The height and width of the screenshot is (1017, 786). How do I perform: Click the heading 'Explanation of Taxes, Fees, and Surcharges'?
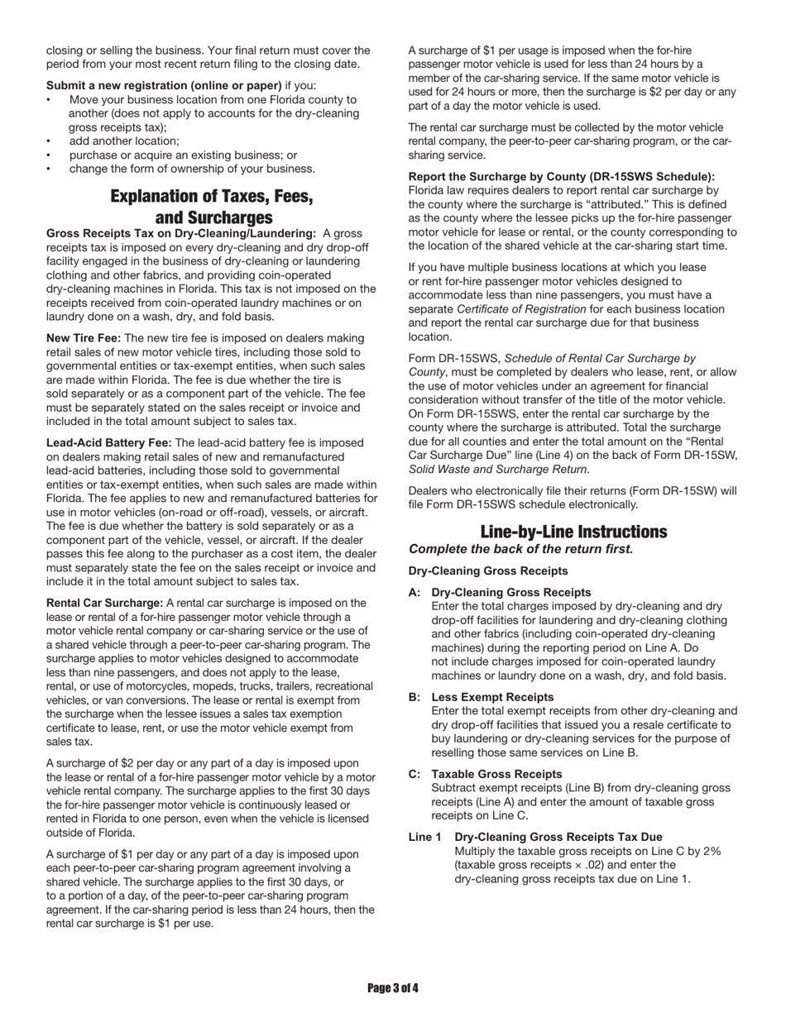pos(212,207)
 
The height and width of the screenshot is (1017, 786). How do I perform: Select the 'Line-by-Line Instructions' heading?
pos(573,532)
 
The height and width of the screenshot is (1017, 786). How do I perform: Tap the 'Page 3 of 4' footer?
pos(393,987)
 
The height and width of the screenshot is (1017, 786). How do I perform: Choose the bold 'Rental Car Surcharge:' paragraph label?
pos(104,604)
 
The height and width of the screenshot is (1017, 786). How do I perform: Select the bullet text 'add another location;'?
pos(124,141)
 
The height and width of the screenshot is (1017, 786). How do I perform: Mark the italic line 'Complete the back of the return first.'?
pos(520,549)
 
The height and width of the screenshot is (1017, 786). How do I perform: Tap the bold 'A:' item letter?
pos(415,593)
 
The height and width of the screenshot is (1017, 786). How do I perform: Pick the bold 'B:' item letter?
pos(415,697)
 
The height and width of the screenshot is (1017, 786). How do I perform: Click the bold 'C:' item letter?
pos(415,775)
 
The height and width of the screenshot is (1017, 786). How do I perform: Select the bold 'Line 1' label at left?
pos(424,838)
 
